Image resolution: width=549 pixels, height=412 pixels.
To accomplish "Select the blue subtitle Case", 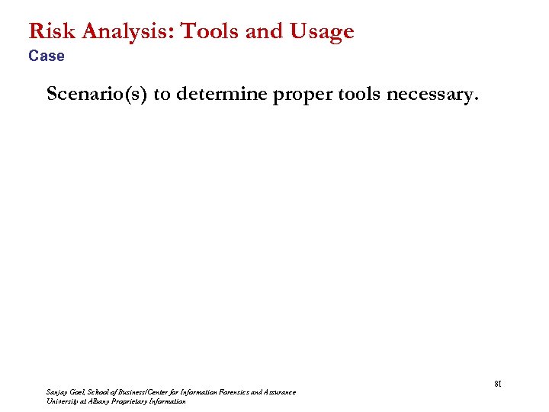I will pos(47,56).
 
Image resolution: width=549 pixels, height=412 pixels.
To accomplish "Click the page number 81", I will pos(495,384).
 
